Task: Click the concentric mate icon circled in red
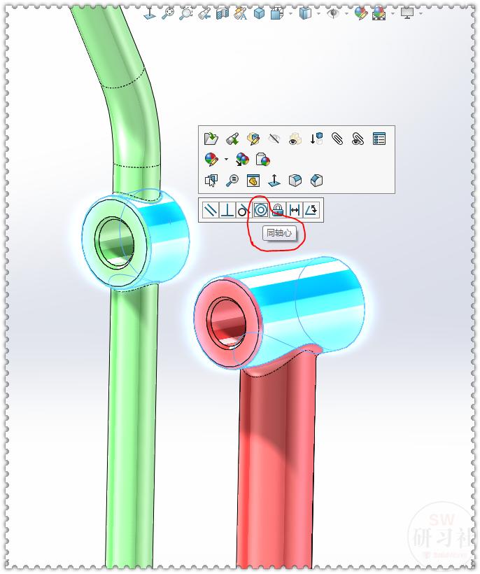tap(260, 210)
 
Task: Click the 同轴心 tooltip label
tap(279, 233)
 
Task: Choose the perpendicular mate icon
tap(227, 210)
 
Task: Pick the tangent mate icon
tap(243, 210)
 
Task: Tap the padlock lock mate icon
tap(278, 210)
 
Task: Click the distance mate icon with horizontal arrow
tap(295, 210)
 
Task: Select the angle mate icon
tap(311, 210)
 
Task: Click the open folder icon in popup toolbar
tap(211, 139)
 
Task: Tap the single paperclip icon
tap(337, 139)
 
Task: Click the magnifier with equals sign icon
tap(232, 181)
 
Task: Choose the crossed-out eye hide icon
tap(274, 139)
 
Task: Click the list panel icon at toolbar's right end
tap(379, 139)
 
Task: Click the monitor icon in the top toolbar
tap(407, 13)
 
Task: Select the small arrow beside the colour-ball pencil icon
tap(226, 160)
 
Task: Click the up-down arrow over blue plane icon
tap(274, 181)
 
